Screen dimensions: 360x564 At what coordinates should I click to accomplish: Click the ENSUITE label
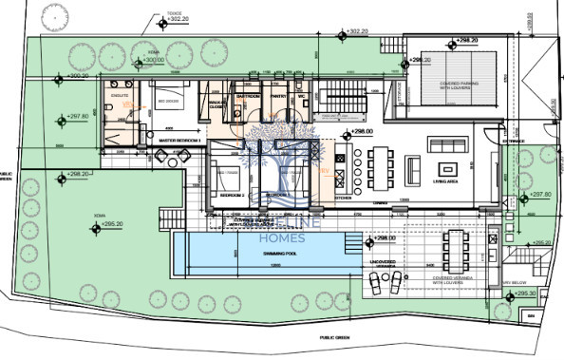click(120, 96)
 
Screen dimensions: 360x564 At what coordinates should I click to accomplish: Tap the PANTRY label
click(279, 96)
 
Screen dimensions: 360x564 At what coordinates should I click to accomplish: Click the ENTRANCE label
click(513, 140)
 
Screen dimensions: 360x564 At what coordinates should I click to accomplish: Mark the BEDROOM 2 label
click(233, 194)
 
